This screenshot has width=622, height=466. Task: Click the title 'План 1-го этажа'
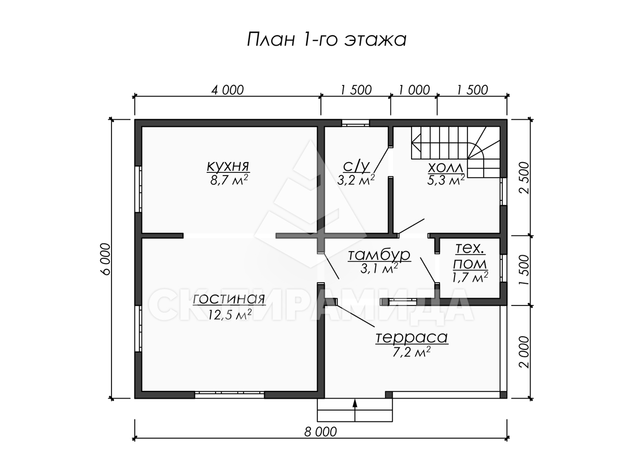pos(327,39)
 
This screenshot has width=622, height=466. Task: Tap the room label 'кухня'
pos(228,166)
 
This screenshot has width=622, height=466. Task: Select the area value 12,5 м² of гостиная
pos(230,314)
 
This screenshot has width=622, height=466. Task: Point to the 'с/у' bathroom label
pos(356,166)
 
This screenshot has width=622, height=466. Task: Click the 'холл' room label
pos(445,167)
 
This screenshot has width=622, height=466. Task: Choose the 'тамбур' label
pos(379,255)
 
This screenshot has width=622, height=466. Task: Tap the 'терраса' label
pos(412,337)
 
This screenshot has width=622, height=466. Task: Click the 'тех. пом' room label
pos(470,257)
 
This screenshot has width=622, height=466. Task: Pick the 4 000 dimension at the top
pos(227,90)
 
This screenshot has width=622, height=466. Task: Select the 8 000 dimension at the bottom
pos(320,432)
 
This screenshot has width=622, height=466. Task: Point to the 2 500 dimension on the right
pos(524,178)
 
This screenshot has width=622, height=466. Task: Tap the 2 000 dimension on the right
pos(524,352)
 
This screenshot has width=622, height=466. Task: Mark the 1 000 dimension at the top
pos(414,90)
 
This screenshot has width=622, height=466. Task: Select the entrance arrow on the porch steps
pos(355,410)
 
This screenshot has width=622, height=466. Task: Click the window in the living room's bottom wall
pos(230,395)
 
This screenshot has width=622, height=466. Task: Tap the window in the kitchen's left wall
pos(138,188)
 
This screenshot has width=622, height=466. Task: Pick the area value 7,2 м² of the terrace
pos(412,352)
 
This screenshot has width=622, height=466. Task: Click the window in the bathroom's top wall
pos(356,123)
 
